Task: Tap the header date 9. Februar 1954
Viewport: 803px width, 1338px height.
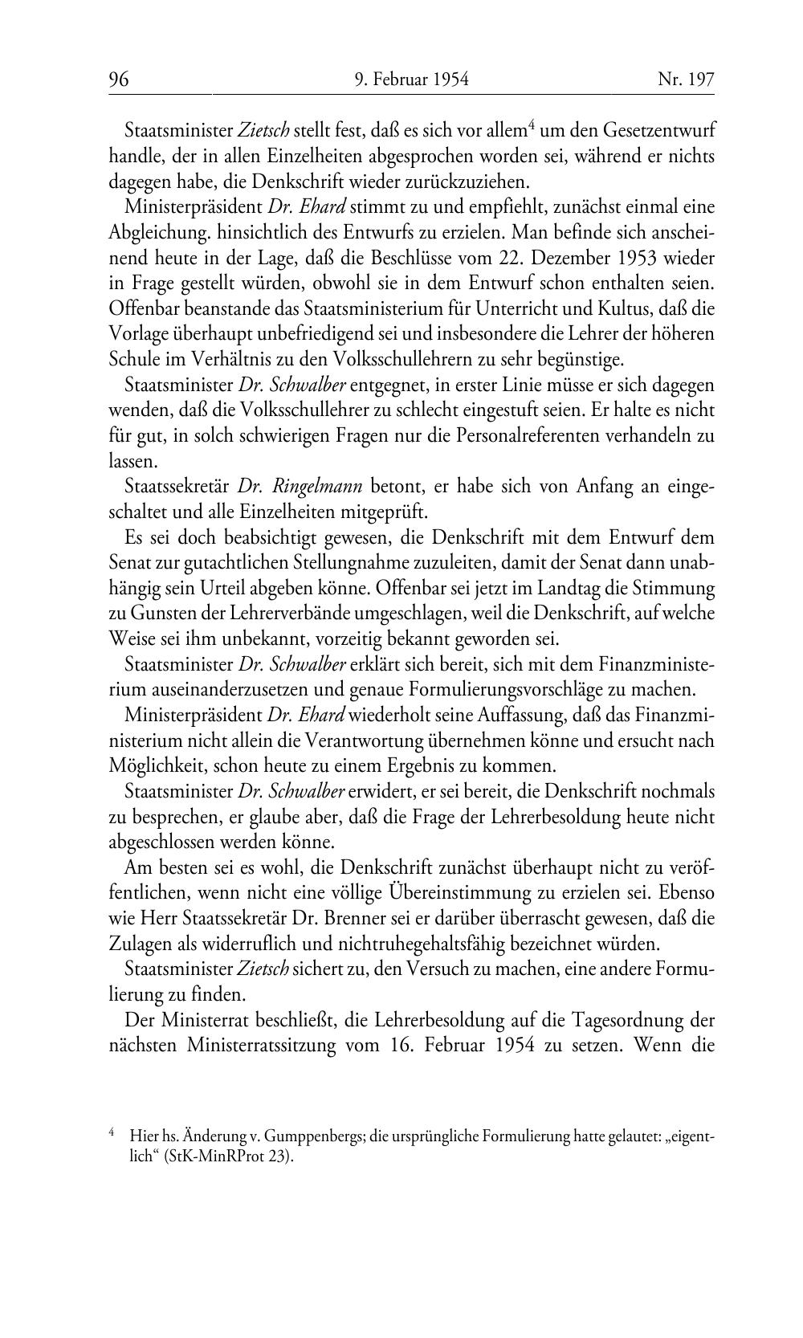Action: click(411, 80)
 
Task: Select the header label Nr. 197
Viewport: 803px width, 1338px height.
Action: click(686, 80)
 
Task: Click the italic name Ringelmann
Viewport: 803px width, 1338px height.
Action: click(318, 486)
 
